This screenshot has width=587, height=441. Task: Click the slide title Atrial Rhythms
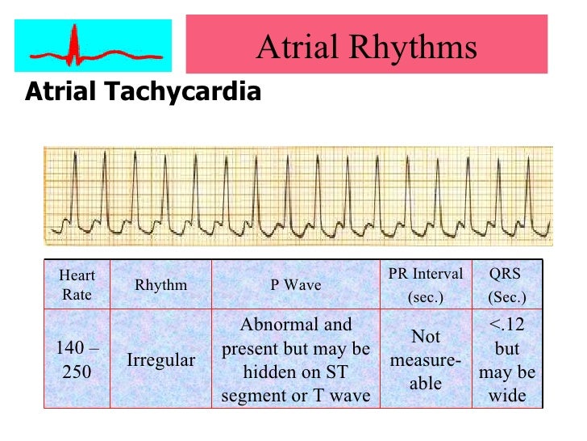click(366, 48)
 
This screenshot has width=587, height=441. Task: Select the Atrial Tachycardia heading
click(144, 92)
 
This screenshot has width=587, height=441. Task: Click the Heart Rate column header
click(77, 286)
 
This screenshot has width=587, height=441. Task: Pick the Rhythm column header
click(160, 285)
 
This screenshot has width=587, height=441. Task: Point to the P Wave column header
click(295, 285)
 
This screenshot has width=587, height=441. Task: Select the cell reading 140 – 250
click(77, 361)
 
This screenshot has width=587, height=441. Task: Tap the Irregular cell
click(160, 360)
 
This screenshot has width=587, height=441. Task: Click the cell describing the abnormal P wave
click(295, 360)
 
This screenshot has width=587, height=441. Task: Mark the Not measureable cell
click(426, 360)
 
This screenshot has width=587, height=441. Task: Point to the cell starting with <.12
click(507, 360)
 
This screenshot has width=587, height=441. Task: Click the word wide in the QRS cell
click(507, 396)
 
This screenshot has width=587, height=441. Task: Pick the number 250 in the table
click(77, 373)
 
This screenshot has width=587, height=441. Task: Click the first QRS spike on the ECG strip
click(74, 186)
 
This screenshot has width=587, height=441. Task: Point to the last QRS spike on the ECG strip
click(536, 186)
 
